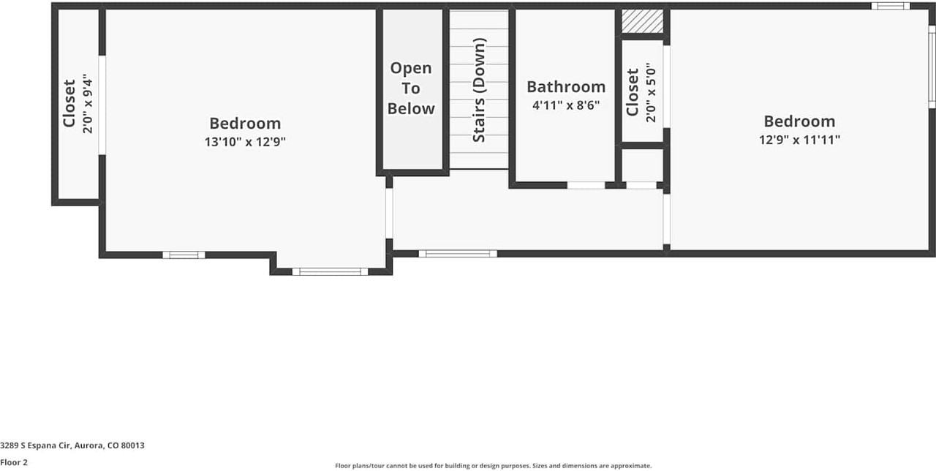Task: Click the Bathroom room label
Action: (x=566, y=87)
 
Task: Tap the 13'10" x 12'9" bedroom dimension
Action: (x=245, y=142)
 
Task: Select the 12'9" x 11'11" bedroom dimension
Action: (x=799, y=140)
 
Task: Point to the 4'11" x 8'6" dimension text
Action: (x=566, y=105)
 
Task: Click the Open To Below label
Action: (x=411, y=88)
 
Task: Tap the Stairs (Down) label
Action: (x=479, y=90)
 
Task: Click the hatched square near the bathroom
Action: (x=642, y=21)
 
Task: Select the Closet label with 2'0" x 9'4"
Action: (x=69, y=103)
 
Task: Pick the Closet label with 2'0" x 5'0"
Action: (x=633, y=92)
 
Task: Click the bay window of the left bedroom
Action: (x=331, y=271)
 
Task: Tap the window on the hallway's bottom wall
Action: (x=458, y=254)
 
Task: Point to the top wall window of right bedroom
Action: (x=890, y=6)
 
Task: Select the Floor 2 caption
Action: (x=14, y=462)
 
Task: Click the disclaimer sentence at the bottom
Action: (x=493, y=465)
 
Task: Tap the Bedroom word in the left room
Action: (x=245, y=124)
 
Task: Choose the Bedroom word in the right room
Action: (x=799, y=121)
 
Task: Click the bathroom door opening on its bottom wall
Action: (x=586, y=185)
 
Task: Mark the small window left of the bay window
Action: (x=184, y=255)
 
